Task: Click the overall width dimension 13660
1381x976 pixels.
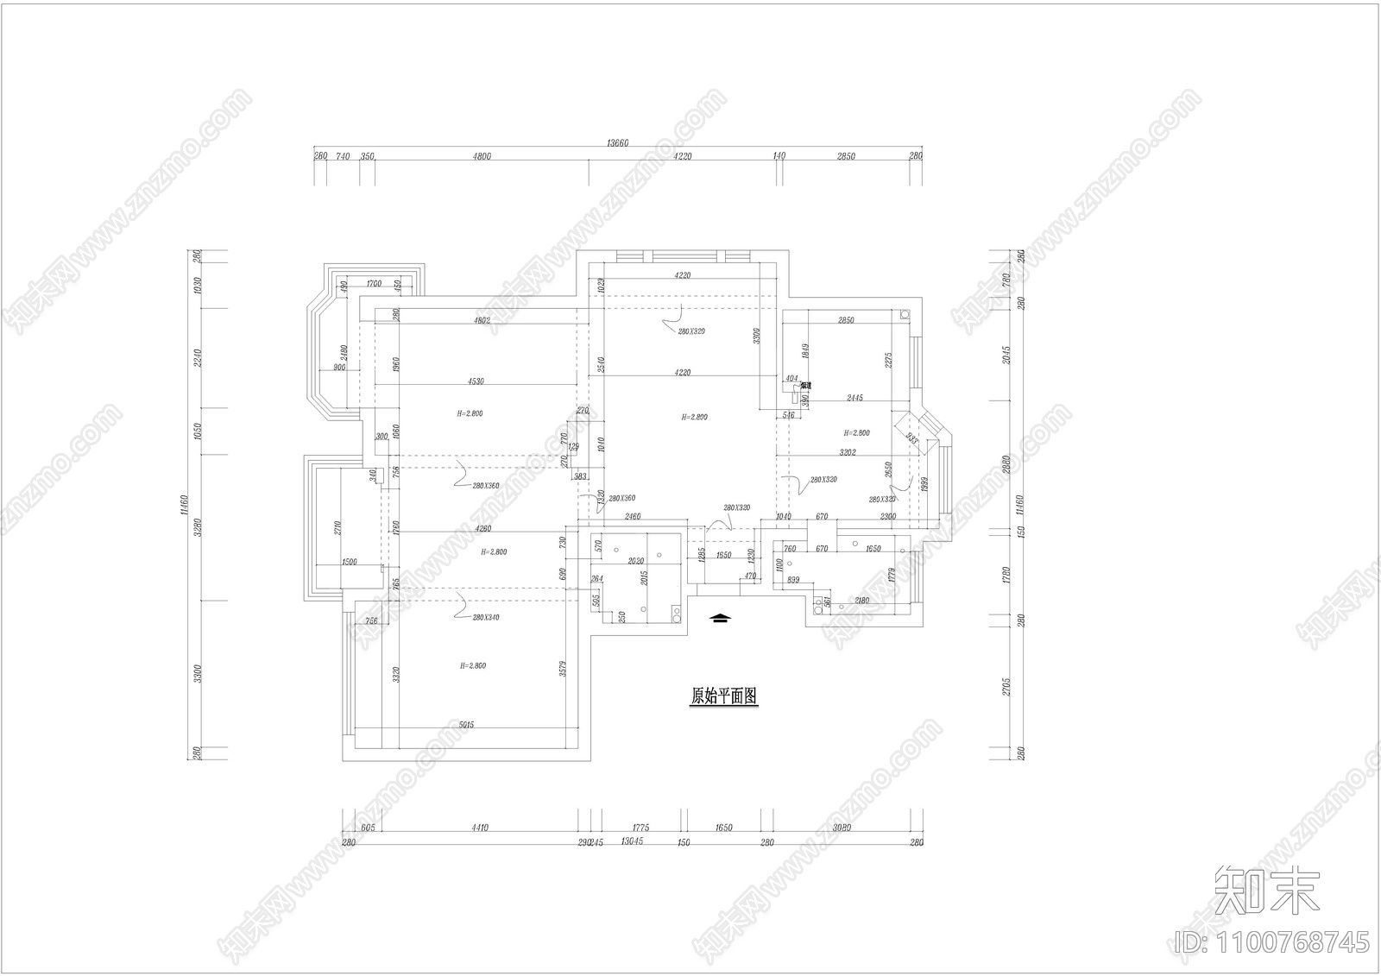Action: [x=617, y=143]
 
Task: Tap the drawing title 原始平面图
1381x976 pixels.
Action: [x=723, y=696]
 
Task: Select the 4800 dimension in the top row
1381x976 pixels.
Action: [x=482, y=156]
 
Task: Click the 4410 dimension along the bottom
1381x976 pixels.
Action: [x=480, y=828]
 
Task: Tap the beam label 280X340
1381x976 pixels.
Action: [x=486, y=618]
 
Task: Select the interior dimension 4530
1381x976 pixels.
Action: [x=476, y=381]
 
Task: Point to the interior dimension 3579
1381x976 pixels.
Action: [x=563, y=669]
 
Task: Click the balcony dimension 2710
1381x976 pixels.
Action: [x=337, y=529]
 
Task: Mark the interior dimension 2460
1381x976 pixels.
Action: [x=633, y=516]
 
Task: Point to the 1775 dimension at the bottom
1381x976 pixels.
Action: [x=640, y=828]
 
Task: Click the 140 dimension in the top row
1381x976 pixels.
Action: [x=779, y=156]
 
